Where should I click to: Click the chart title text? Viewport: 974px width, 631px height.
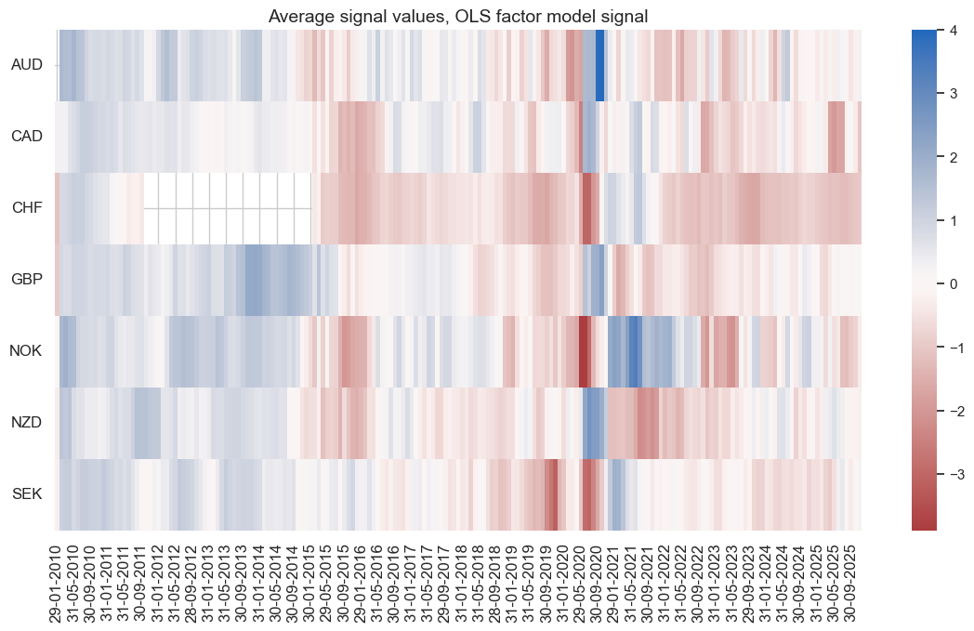459,15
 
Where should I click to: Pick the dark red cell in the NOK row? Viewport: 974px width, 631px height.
584,351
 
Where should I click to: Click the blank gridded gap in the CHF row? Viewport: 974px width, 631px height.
228,208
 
